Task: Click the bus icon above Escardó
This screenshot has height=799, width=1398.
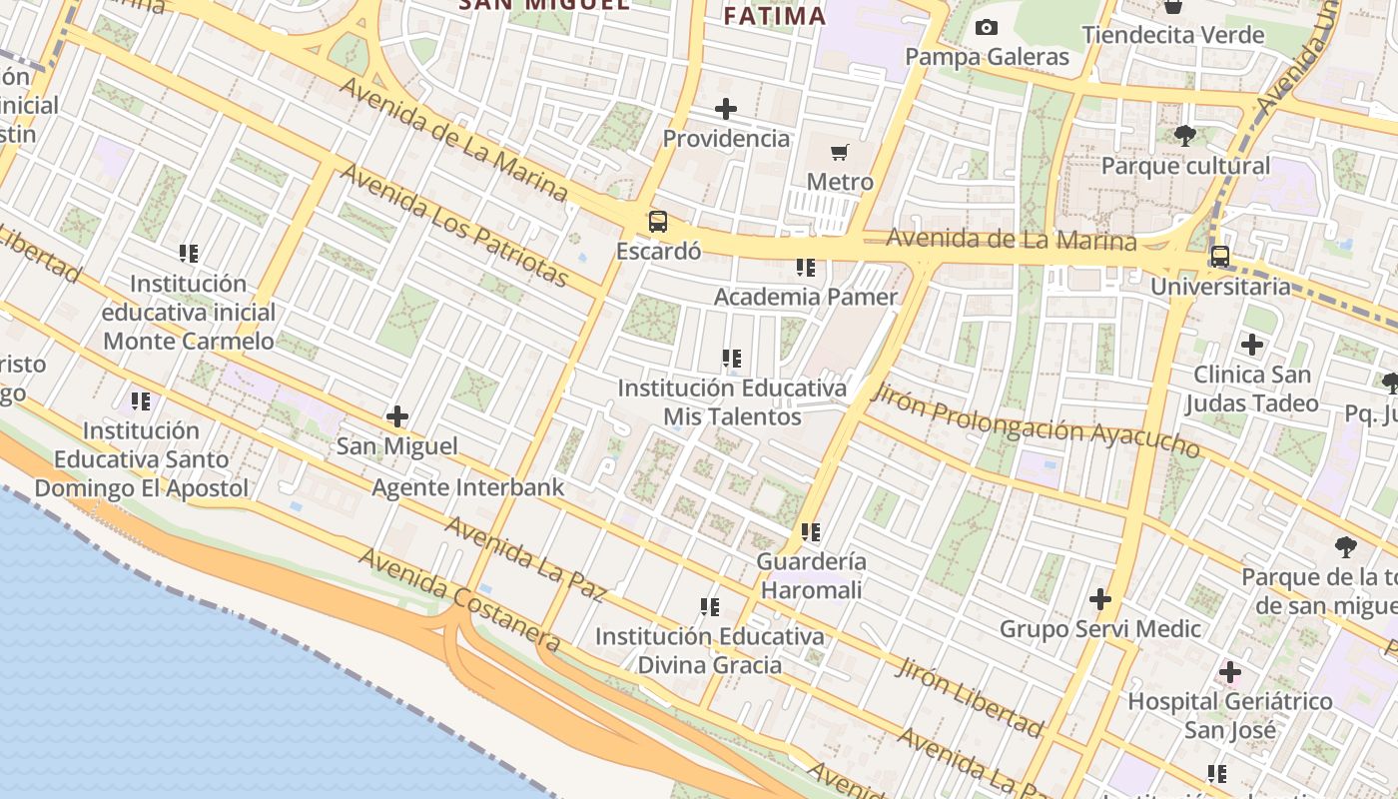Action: click(657, 222)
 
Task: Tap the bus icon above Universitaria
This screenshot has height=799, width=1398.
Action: click(1219, 257)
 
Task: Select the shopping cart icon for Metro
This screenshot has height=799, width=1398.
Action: click(840, 153)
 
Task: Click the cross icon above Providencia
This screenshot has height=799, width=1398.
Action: click(726, 109)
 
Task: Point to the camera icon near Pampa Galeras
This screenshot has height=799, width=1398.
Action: click(987, 28)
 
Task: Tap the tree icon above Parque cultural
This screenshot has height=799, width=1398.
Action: click(1185, 136)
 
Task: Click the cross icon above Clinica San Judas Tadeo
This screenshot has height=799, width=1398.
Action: click(1252, 346)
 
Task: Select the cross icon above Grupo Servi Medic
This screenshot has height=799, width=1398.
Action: click(1100, 599)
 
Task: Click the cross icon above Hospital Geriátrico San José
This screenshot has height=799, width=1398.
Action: click(1230, 672)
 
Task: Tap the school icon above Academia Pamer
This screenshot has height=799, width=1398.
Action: click(806, 268)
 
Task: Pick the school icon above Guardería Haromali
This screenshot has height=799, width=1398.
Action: click(811, 532)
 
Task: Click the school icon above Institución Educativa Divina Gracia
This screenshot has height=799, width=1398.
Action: click(710, 606)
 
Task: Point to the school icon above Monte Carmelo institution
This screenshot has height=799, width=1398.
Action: click(189, 254)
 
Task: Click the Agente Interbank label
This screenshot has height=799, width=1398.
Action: click(468, 487)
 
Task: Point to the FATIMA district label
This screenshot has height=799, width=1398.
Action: click(775, 16)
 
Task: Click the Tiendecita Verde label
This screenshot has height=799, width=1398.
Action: click(1173, 35)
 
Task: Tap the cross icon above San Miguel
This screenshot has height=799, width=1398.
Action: click(397, 416)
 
